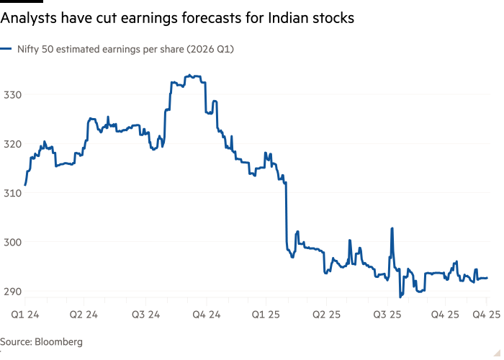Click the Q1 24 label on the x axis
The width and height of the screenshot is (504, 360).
[x=24, y=315]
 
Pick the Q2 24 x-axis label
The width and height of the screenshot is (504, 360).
[x=84, y=315]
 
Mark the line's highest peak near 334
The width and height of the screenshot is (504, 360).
[x=190, y=75]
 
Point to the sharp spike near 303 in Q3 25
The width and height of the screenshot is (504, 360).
[x=392, y=228]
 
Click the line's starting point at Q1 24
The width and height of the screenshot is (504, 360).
[x=24, y=186]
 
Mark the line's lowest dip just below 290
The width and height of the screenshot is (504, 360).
[x=401, y=296]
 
